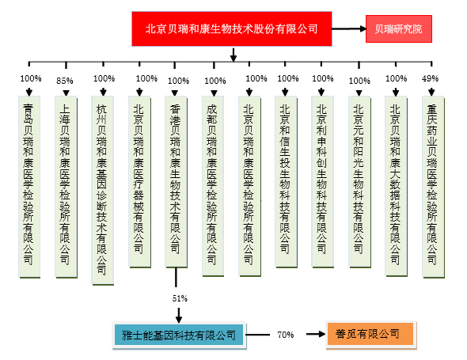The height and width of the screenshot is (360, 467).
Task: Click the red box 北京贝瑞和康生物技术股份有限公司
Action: pyautogui.click(x=232, y=29)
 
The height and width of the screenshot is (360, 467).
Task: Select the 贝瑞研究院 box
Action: pyautogui.click(x=399, y=29)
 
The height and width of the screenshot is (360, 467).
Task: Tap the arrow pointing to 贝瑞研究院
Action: pyautogui.click(x=349, y=29)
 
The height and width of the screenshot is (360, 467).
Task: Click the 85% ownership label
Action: pyautogui.click(x=65, y=81)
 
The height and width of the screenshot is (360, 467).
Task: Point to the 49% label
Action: pyautogui.click(x=430, y=78)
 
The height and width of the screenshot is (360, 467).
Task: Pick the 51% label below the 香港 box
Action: pyautogui.click(x=180, y=298)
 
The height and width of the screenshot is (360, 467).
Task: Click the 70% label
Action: pyautogui.click(x=285, y=335)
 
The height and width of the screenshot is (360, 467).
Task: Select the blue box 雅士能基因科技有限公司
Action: pyautogui.click(x=179, y=335)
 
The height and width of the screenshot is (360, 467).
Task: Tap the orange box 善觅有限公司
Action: pyautogui.click(x=370, y=334)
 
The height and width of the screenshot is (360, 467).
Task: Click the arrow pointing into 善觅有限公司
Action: pyautogui.click(x=316, y=334)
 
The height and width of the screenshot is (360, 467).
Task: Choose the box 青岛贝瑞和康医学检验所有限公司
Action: pyautogui.click(x=29, y=187)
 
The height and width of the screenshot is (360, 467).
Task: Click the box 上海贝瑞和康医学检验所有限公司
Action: pyautogui.click(x=66, y=187)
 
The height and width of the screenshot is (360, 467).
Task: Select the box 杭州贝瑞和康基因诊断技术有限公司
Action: pyautogui.click(x=102, y=190)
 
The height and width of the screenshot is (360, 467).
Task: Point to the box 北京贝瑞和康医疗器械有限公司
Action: pyautogui.click(x=139, y=182)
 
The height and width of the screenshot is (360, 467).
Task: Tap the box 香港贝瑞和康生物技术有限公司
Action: pyautogui.click(x=176, y=182)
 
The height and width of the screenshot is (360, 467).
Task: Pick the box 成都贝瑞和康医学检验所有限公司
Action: pyautogui.click(x=213, y=186)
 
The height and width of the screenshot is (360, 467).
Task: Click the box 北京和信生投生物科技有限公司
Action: pyautogui.click(x=286, y=182)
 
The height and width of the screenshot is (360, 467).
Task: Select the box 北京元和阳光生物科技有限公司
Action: pyautogui.click(x=359, y=182)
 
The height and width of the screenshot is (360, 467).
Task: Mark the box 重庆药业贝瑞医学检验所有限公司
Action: pyautogui.click(x=433, y=187)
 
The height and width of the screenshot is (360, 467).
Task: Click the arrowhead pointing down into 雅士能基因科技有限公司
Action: pyautogui.click(x=179, y=320)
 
